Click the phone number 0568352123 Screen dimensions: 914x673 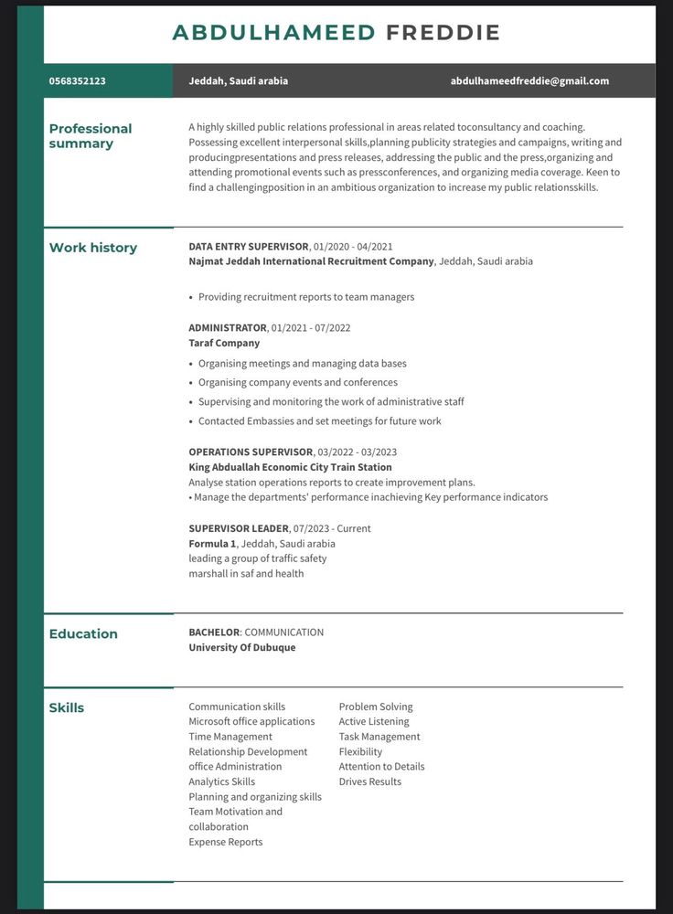pyautogui.click(x=78, y=81)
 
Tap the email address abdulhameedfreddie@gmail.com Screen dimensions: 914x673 pyautogui.click(x=529, y=81)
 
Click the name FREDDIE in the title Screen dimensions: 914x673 pyautogui.click(x=443, y=33)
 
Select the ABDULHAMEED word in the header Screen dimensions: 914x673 pyautogui.click(x=273, y=33)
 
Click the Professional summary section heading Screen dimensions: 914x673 pyautogui.click(x=91, y=136)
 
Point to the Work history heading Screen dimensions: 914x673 pyautogui.click(x=93, y=248)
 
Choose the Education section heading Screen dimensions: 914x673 pyautogui.click(x=83, y=634)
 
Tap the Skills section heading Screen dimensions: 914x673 pyautogui.click(x=67, y=708)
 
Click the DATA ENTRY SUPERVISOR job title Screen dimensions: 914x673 pyautogui.click(x=249, y=247)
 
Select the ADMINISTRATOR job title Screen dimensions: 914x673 pyautogui.click(x=228, y=328)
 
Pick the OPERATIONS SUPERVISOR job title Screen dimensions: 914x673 pyautogui.click(x=251, y=452)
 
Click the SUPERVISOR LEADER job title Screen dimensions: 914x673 pyautogui.click(x=238, y=529)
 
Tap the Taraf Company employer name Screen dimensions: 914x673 pyautogui.click(x=224, y=344)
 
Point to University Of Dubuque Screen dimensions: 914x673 pyautogui.click(x=242, y=648)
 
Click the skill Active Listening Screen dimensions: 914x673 pyautogui.click(x=374, y=722)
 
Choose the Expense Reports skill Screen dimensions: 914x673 pyautogui.click(x=226, y=843)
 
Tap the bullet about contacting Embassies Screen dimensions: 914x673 pyautogui.click(x=319, y=421)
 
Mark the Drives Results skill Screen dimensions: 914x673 pyautogui.click(x=370, y=782)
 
